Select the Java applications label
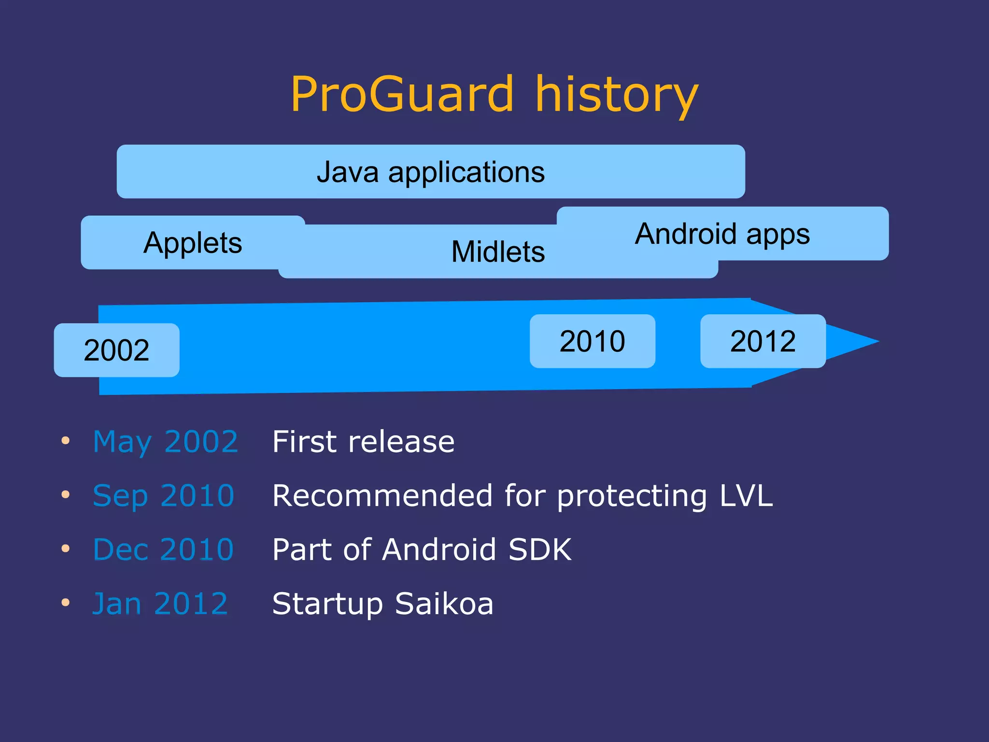[x=430, y=172]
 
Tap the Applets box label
[x=193, y=242]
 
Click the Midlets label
[x=498, y=252]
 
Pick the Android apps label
[x=722, y=234]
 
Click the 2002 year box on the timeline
[x=116, y=350]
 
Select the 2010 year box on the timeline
[x=592, y=341]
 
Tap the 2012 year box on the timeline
[x=763, y=341]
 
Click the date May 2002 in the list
[x=165, y=442]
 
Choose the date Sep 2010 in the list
[x=163, y=496]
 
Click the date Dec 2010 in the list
[x=163, y=550]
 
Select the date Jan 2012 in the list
[x=160, y=604]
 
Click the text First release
[x=363, y=442]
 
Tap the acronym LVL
[x=746, y=496]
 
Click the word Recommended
[x=382, y=496]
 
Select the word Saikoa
[x=444, y=604]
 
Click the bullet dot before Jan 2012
[x=66, y=602]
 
